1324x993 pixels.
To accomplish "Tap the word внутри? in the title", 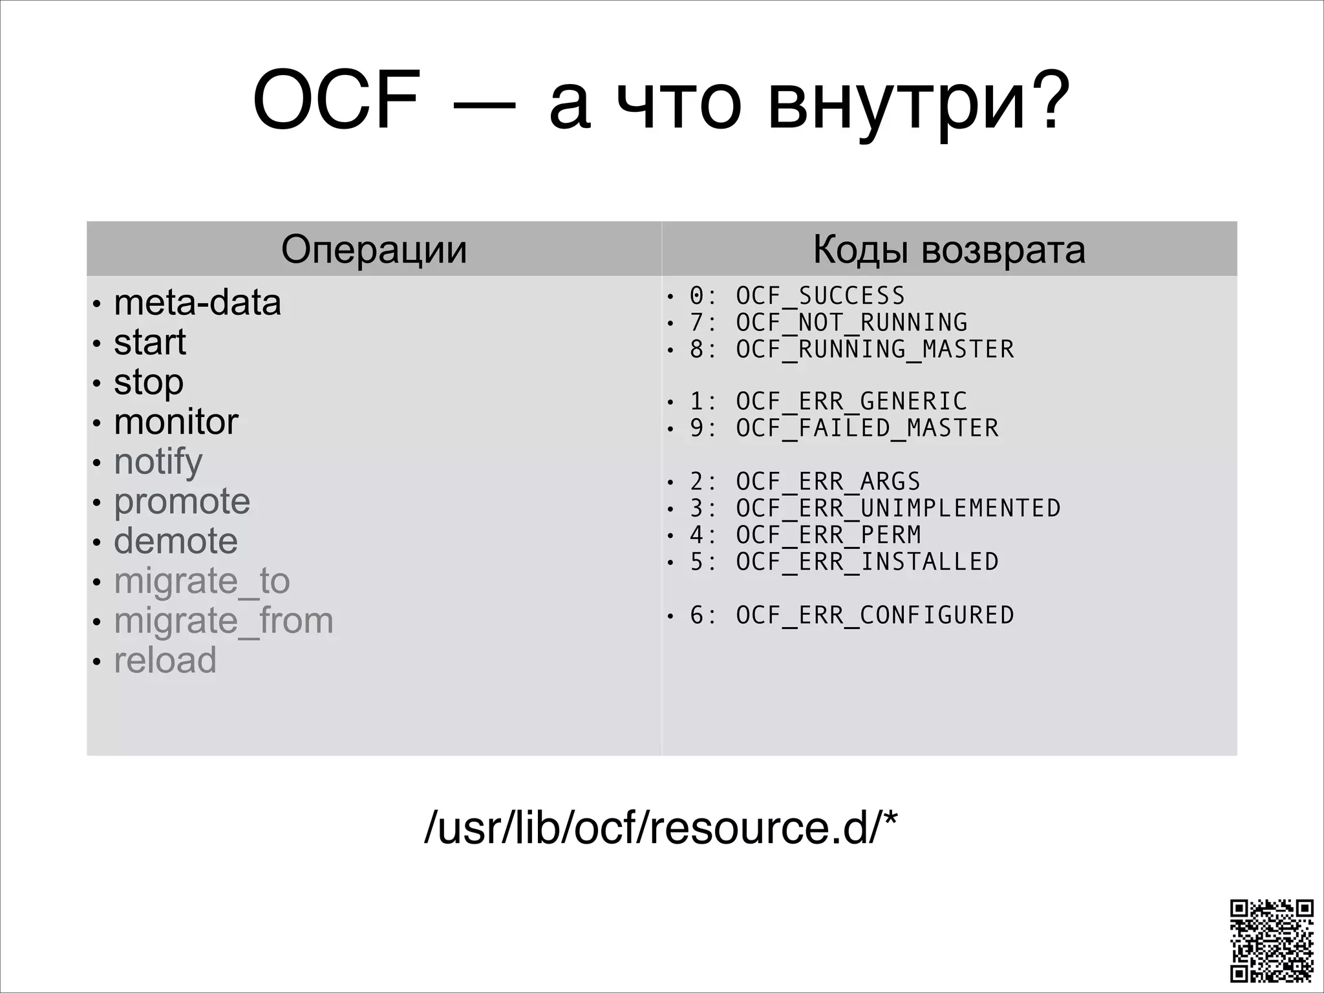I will pyautogui.click(x=918, y=103).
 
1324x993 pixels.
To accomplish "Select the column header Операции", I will pyautogui.click(x=374, y=250).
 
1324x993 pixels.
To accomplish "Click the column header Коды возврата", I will pyautogui.click(x=949, y=250).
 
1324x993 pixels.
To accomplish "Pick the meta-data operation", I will pyautogui.click(x=197, y=303).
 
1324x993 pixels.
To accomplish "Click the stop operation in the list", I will pyautogui.click(x=149, y=382).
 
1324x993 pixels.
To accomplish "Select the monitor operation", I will pyautogui.click(x=176, y=422).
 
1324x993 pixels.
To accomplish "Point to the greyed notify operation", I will pyautogui.click(x=158, y=462).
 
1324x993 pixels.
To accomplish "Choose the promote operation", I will pyautogui.click(x=182, y=502).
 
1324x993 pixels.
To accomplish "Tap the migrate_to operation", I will pyautogui.click(x=202, y=581).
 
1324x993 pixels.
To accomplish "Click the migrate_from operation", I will pyautogui.click(x=224, y=621).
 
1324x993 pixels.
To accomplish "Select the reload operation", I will pyautogui.click(x=165, y=661).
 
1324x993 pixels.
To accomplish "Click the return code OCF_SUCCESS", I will pyautogui.click(x=820, y=296).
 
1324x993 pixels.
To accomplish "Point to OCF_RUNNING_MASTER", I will pyautogui.click(x=874, y=349).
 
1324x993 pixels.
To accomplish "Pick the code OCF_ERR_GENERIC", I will pyautogui.click(x=851, y=401).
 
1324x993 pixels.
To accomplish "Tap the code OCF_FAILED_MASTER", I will pyautogui.click(x=866, y=428).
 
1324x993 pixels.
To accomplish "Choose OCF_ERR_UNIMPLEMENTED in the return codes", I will pyautogui.click(x=897, y=508).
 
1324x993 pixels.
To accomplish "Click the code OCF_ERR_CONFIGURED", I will pyautogui.click(x=874, y=615).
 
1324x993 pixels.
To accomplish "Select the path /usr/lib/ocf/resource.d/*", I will pyautogui.click(x=661, y=827).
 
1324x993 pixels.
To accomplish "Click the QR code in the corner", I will pyautogui.click(x=1271, y=940).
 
